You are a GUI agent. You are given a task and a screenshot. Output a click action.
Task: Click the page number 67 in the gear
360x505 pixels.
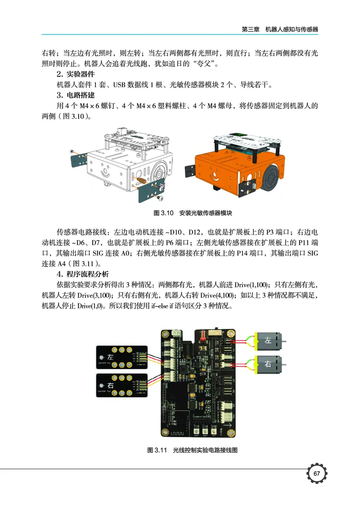(x=317, y=473)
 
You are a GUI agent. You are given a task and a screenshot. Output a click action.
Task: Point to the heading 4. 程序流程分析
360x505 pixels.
(x=81, y=274)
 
